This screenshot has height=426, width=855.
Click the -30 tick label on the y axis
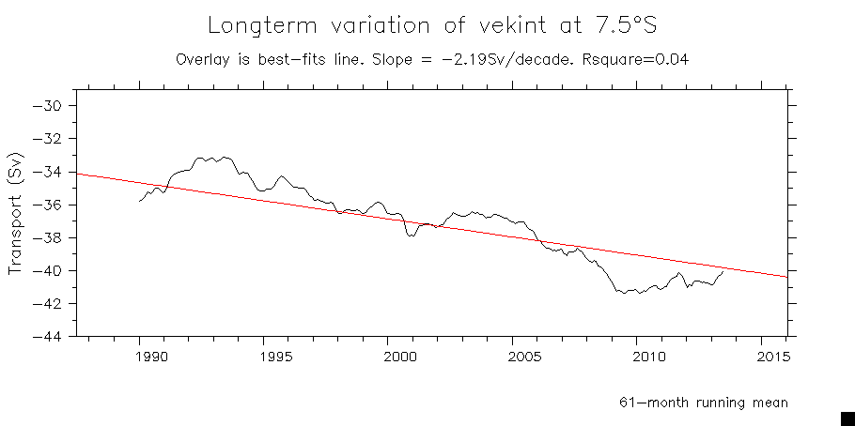point(47,105)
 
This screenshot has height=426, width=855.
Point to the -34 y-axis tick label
point(47,172)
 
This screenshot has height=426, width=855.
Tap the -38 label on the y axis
point(47,237)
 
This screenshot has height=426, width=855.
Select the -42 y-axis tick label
point(47,303)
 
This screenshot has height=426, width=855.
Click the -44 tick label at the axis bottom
point(47,336)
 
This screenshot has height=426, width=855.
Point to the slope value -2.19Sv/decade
point(535,59)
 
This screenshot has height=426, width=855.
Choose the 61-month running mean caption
point(703,402)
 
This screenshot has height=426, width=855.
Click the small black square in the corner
point(847,418)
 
